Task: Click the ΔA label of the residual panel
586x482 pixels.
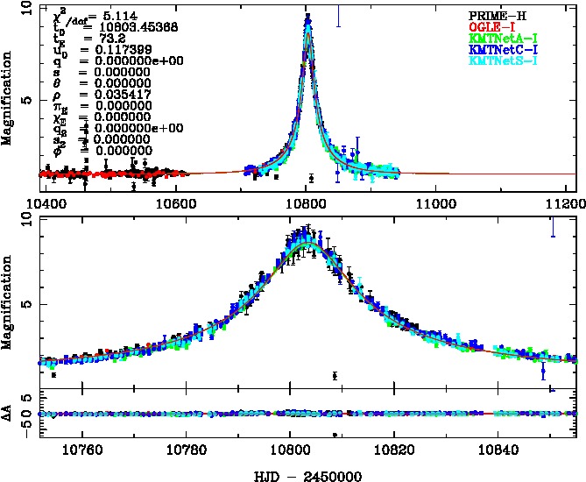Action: click(x=13, y=412)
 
